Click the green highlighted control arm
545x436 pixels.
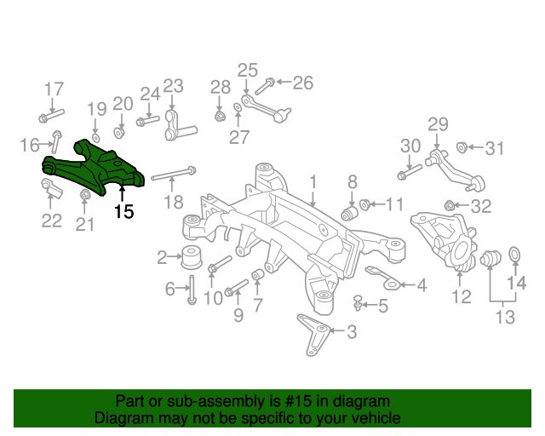coord(93,166)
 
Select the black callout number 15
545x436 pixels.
coord(124,212)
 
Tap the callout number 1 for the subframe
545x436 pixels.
coord(313,181)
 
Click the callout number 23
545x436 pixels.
coord(173,85)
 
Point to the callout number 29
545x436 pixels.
coord(437,124)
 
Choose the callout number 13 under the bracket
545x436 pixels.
coord(505,318)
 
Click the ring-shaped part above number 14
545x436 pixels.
coord(515,253)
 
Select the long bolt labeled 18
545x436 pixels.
coord(174,175)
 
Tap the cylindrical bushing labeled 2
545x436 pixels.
coord(192,255)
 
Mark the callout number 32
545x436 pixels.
coord(481,206)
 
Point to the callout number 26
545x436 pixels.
coord(302,83)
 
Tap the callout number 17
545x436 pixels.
coord(54,89)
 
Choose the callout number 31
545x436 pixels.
coord(495,149)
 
